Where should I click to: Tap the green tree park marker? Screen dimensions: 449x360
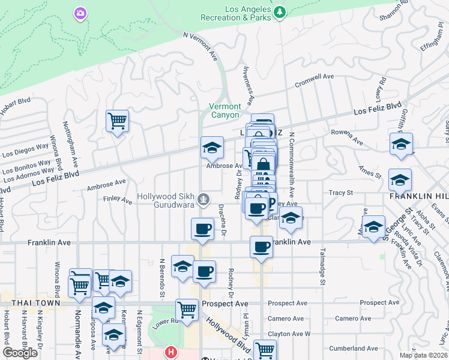279,12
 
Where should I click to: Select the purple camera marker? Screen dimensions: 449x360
80,13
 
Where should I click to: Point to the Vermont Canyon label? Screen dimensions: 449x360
224,110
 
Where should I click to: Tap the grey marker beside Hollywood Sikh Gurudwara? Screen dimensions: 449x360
204,197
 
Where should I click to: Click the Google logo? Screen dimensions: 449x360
20,353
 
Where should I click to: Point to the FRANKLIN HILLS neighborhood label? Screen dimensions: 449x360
418,196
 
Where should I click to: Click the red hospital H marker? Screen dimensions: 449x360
172,352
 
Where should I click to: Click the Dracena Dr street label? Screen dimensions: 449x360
222,218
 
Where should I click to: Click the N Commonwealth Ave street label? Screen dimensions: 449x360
292,165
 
